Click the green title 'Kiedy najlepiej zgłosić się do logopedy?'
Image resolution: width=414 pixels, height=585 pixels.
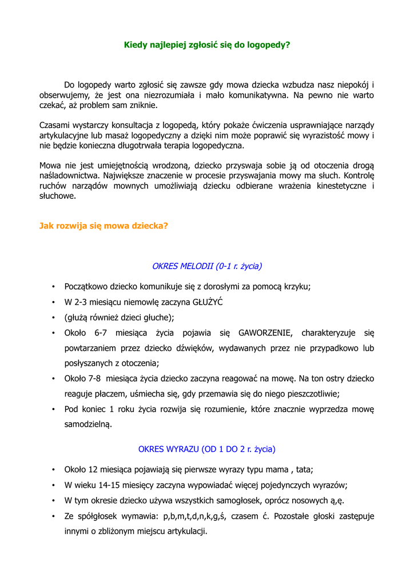coord(207,44)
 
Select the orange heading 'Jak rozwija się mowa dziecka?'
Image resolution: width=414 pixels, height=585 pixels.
coord(103,226)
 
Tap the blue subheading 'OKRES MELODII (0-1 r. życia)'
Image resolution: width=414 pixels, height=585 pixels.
coord(207,266)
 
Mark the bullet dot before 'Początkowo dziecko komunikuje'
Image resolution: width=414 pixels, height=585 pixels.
coord(53,287)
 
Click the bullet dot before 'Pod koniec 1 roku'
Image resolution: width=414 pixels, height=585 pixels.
coord(53,409)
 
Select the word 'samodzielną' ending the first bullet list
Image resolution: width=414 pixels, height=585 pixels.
coord(88,424)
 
